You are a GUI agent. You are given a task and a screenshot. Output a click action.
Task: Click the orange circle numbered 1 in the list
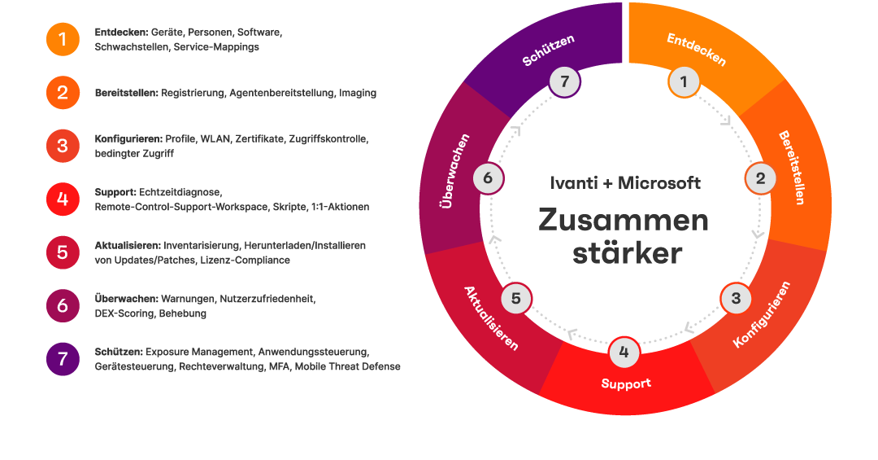[63, 39]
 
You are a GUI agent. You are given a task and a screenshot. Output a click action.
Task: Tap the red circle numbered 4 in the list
[63, 199]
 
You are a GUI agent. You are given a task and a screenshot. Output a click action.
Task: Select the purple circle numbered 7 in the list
[63, 359]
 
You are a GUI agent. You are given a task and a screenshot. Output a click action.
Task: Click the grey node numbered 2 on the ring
[760, 178]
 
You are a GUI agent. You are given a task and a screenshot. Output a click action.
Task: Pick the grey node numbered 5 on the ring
[515, 299]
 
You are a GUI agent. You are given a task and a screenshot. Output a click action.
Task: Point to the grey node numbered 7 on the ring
[564, 81]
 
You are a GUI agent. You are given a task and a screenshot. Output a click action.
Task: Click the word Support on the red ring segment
[626, 383]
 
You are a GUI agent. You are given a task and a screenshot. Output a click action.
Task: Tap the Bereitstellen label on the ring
[792, 167]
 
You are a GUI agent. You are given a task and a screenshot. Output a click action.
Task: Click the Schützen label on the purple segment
[549, 50]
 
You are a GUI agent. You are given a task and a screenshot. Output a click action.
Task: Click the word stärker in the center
[627, 253]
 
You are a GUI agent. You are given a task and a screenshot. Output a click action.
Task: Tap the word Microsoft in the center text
[659, 183]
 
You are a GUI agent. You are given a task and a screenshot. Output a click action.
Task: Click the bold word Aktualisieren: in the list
[128, 245]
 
